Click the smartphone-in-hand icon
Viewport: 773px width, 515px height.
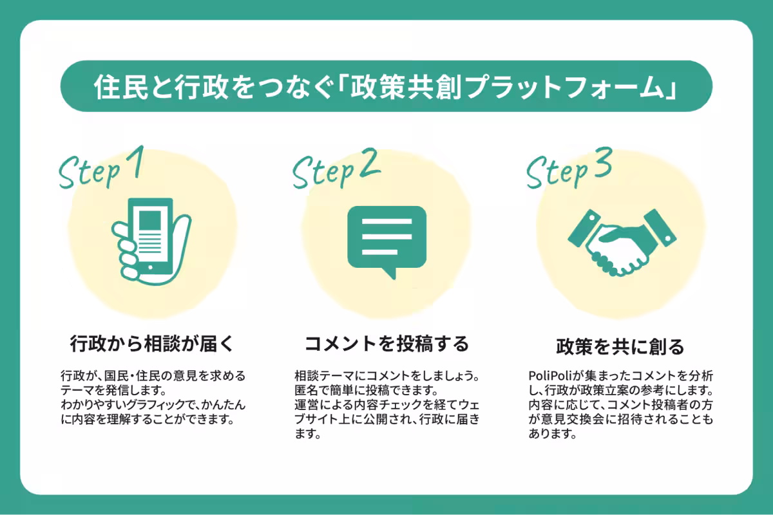point(151,241)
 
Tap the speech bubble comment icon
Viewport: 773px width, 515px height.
point(387,241)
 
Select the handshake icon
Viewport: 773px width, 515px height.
point(622,243)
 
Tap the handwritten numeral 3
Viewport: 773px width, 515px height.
point(602,162)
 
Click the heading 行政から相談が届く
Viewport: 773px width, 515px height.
point(152,344)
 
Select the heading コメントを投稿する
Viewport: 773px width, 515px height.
point(386,344)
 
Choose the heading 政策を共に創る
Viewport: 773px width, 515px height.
point(620,346)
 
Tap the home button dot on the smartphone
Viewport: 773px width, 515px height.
point(150,267)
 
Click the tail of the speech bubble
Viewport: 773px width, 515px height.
point(390,273)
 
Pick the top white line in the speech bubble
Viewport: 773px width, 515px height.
point(387,221)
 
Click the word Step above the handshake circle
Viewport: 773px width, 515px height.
point(557,171)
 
